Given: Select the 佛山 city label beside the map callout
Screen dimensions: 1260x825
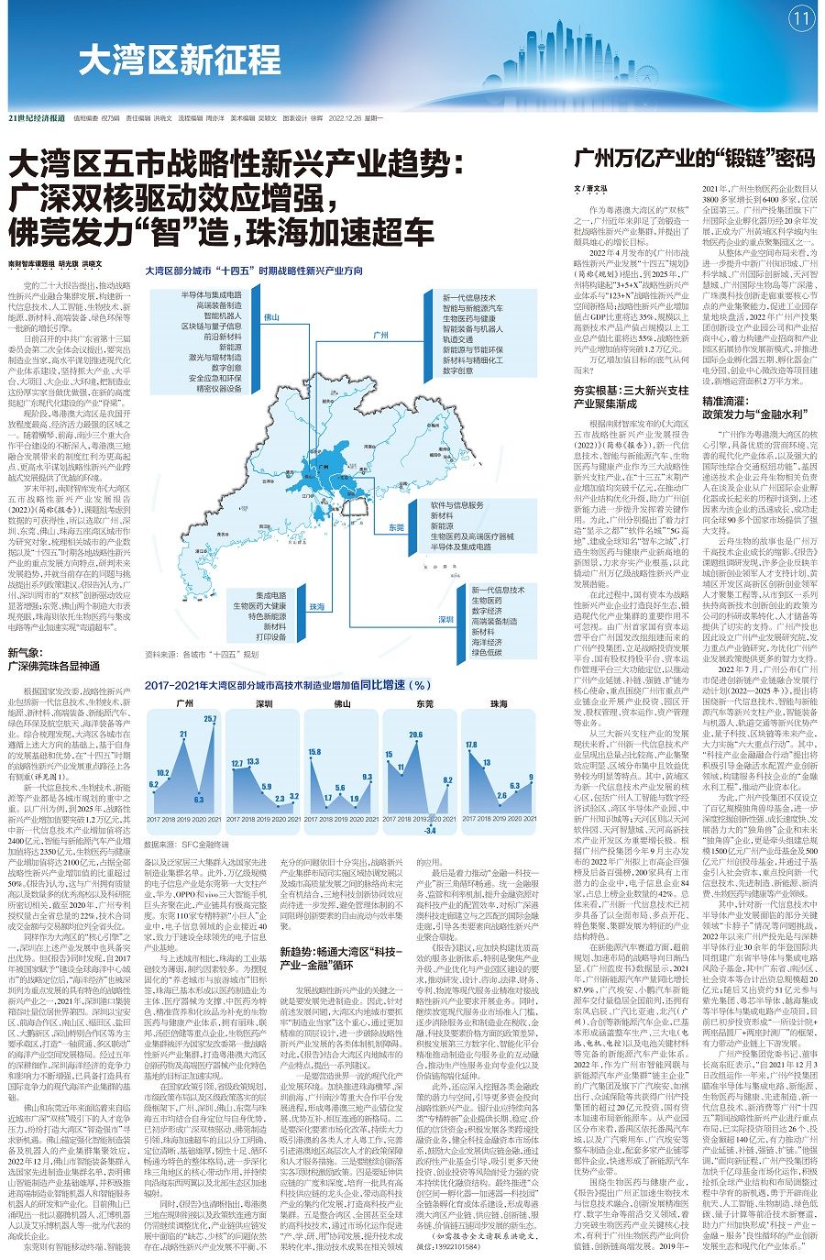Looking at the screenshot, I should [x=271, y=316].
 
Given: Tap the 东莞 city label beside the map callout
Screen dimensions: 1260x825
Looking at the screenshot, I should [x=396, y=527].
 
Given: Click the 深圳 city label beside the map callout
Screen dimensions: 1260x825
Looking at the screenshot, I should [x=446, y=620].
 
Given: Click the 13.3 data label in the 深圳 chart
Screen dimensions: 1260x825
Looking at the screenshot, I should [x=236, y=763].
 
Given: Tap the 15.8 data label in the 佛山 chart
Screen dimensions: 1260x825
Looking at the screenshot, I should [x=313, y=752].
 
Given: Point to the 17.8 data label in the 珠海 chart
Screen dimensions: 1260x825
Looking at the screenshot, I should [x=471, y=745].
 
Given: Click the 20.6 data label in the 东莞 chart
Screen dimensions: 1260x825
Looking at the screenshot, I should [x=415, y=735].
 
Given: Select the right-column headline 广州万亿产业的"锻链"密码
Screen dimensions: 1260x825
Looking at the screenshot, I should [x=694, y=158].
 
